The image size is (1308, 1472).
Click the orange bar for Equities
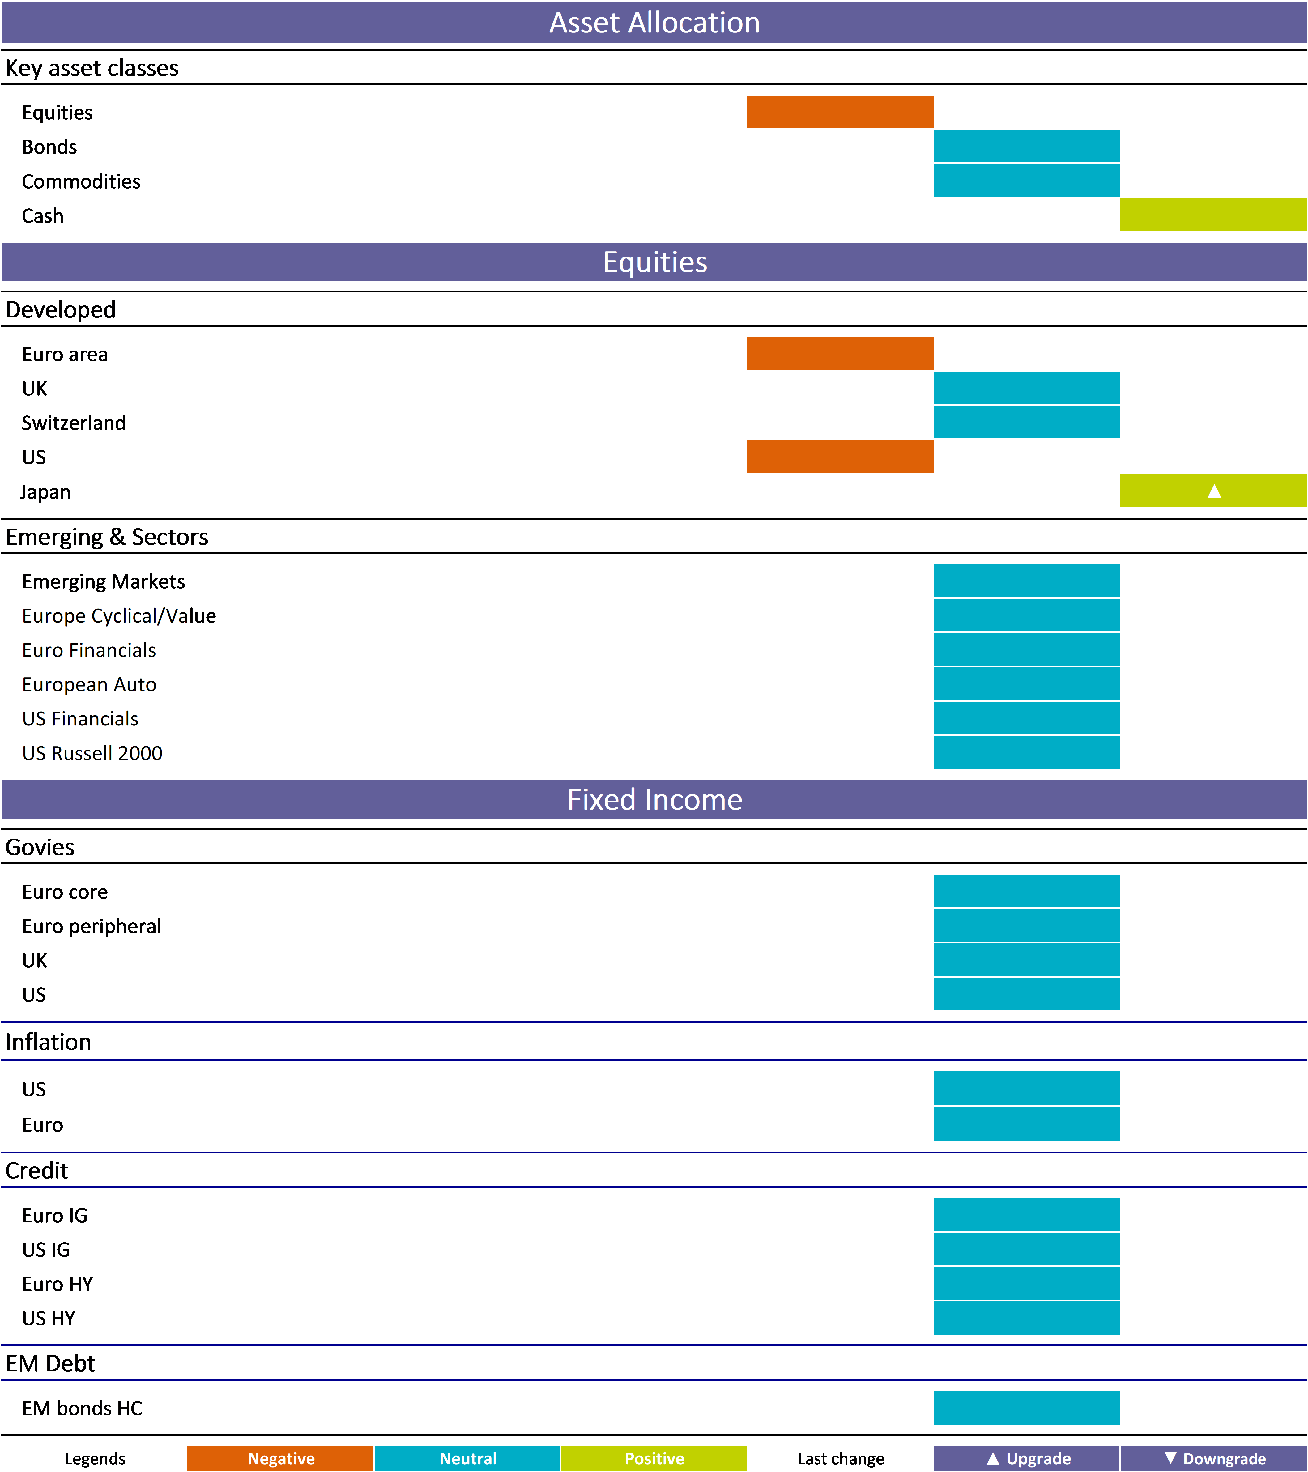pyautogui.click(x=840, y=112)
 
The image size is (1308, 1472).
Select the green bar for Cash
pyautogui.click(x=1213, y=215)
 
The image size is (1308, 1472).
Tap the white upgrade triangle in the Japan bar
pyautogui.click(x=1214, y=491)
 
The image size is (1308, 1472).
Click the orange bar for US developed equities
pyautogui.click(x=840, y=457)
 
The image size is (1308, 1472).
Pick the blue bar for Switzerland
pyautogui.click(x=1026, y=422)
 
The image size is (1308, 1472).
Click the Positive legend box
pyautogui.click(x=654, y=1458)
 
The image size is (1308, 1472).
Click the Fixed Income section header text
pyautogui.click(x=654, y=799)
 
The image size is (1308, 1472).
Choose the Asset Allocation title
pyautogui.click(x=654, y=22)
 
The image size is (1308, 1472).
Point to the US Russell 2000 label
pyautogui.click(x=92, y=753)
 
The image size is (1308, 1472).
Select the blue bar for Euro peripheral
pyautogui.click(x=1026, y=925)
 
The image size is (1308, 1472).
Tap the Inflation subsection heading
pyautogui.click(x=48, y=1042)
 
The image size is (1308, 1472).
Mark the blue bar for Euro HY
pyautogui.click(x=1026, y=1283)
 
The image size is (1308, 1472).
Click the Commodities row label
pyautogui.click(x=81, y=181)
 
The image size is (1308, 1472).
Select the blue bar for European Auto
pyautogui.click(x=1026, y=683)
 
